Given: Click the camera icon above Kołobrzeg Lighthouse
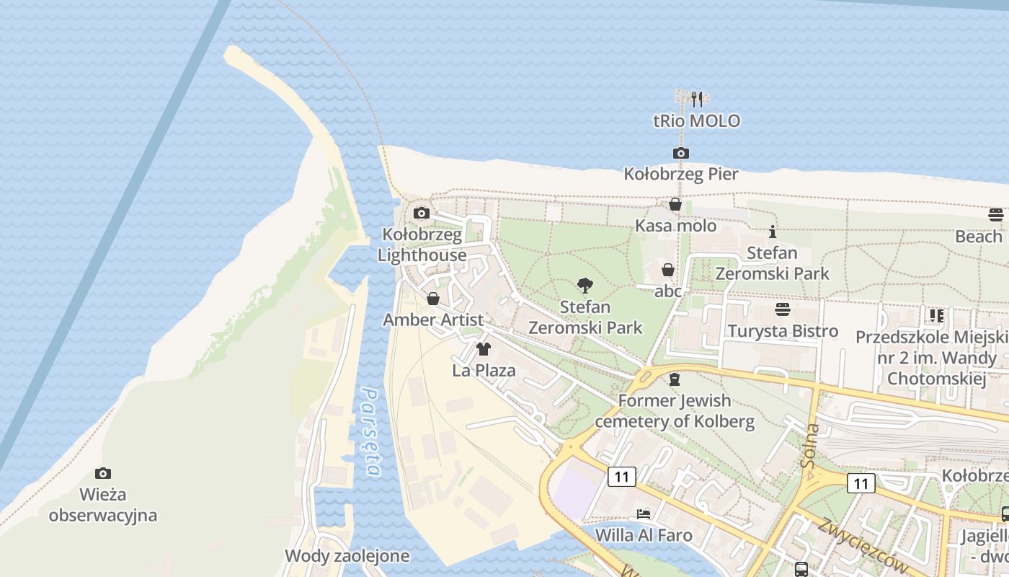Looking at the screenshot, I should click(422, 213).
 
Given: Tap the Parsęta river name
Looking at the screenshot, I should click(371, 433).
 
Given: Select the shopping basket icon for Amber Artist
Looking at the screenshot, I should click(433, 299).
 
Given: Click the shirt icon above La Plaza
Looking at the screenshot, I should click(483, 350).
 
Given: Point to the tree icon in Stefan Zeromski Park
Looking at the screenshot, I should click(585, 286).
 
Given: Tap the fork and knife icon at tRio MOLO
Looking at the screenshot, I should click(696, 99).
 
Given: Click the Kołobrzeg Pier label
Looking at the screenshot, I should click(680, 174).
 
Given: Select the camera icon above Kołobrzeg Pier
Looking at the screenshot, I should click(680, 153).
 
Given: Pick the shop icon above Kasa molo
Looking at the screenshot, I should click(675, 205).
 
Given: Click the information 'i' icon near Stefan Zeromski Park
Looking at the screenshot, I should click(773, 232).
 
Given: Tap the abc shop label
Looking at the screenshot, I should click(668, 291).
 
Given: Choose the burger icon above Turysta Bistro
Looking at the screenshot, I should click(783, 309).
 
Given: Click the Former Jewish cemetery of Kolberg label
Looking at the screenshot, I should click(675, 411).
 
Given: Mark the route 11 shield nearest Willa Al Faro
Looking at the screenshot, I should click(621, 476).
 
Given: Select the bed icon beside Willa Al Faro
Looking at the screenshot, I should click(644, 514).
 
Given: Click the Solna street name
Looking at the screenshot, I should click(809, 446).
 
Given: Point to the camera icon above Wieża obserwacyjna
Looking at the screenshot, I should click(103, 473).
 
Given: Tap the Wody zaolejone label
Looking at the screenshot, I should click(347, 556).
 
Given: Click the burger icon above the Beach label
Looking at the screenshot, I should click(995, 214).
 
